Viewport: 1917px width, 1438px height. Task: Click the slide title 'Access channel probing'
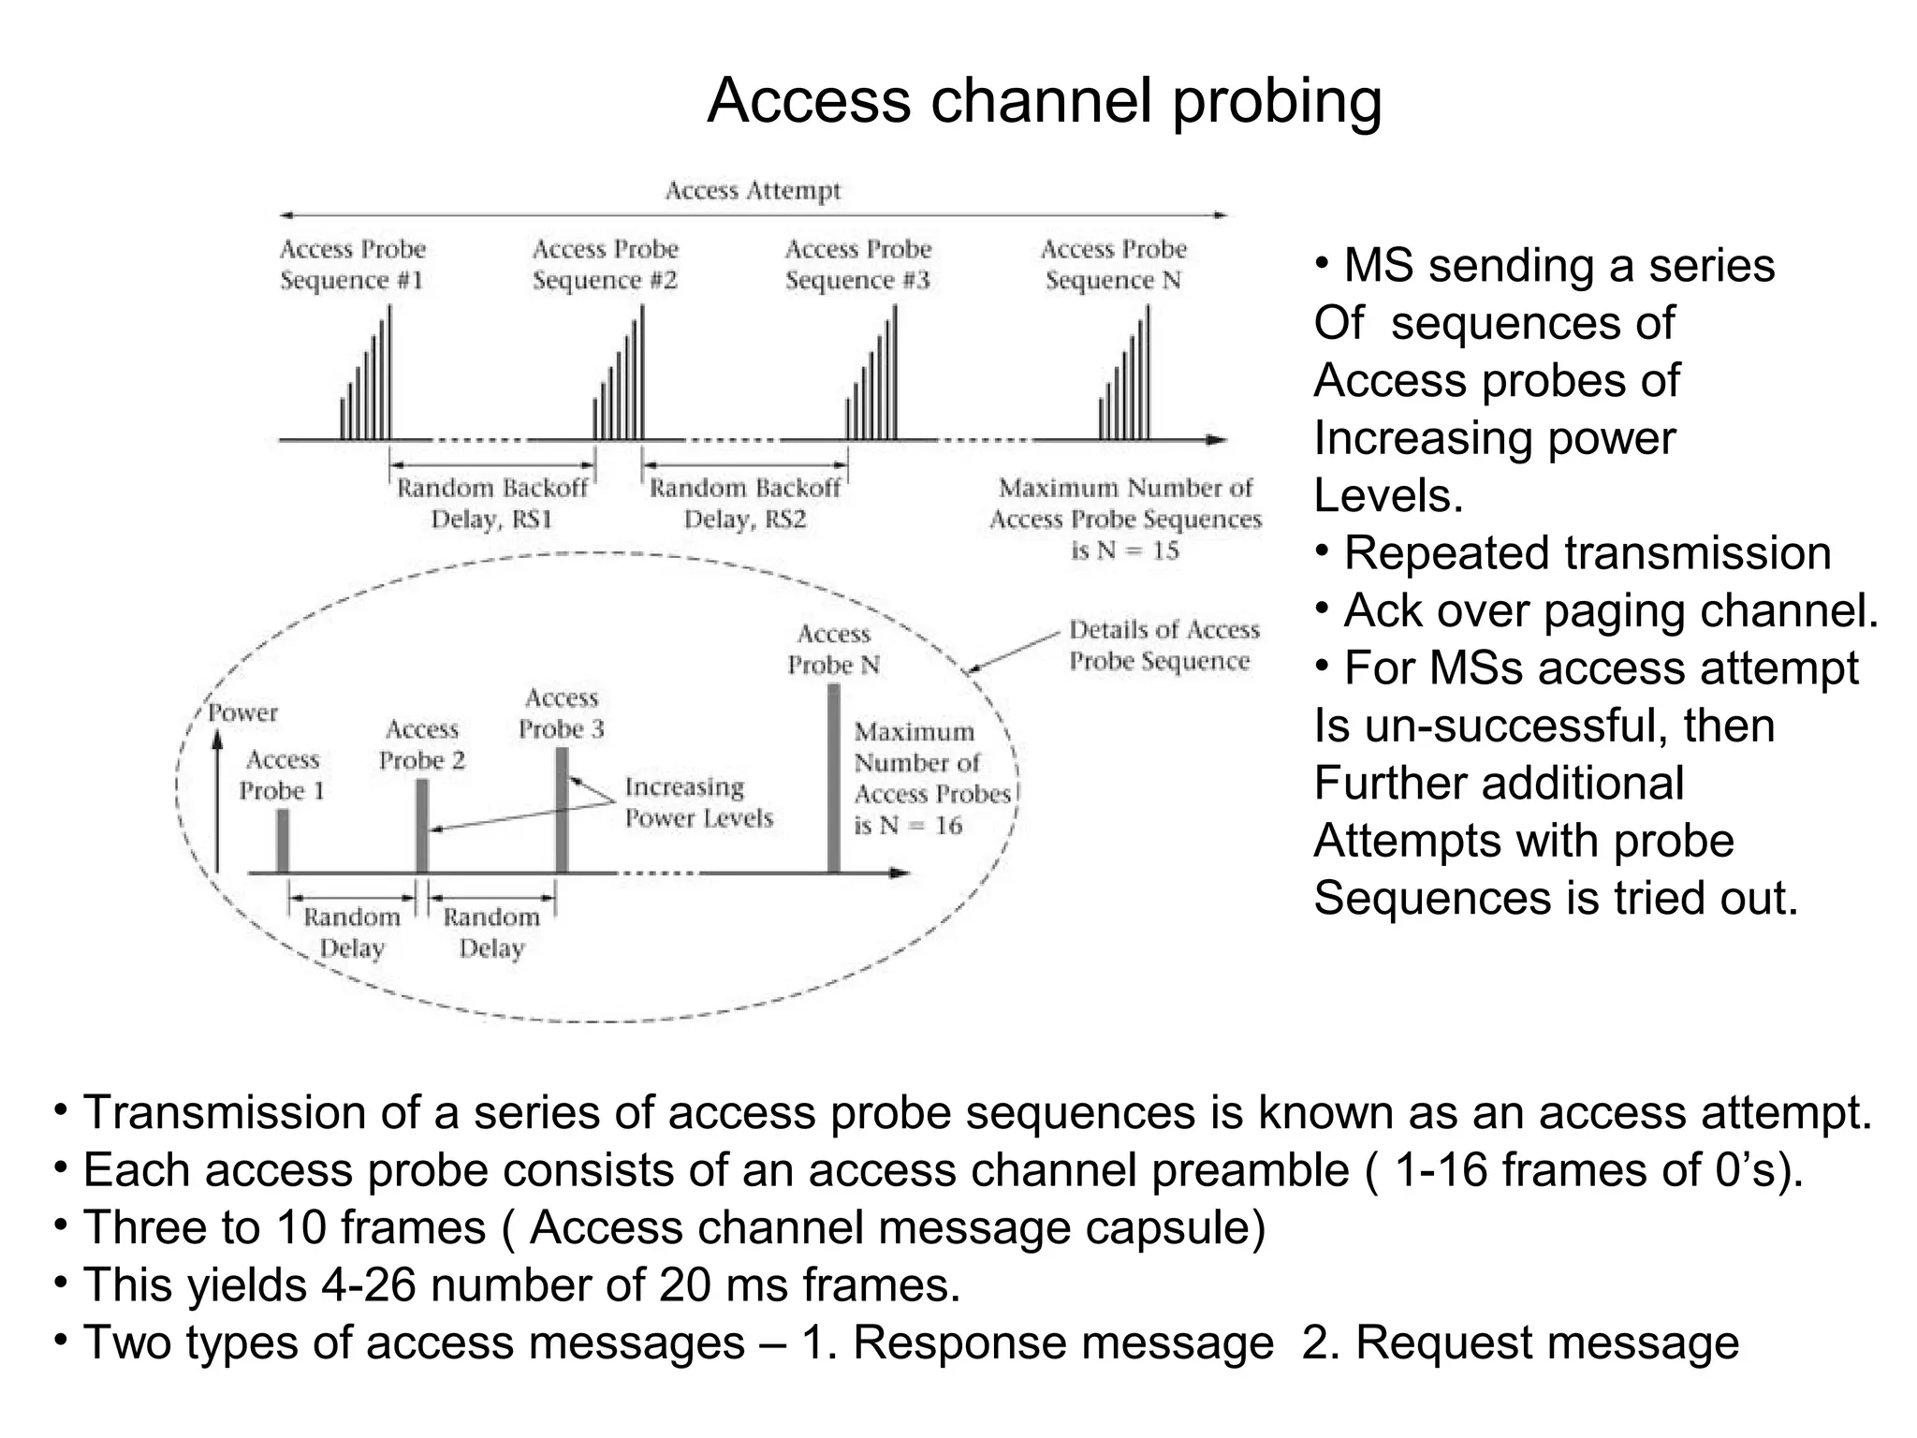coord(1044,101)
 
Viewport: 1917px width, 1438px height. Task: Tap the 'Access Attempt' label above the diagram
coord(753,191)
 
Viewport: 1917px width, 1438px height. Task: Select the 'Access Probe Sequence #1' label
coord(352,265)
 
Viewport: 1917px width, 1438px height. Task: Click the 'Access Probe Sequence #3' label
coord(857,265)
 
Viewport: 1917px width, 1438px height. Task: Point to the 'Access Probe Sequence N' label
coord(1113,265)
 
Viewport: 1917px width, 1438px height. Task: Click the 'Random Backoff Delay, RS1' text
coord(492,504)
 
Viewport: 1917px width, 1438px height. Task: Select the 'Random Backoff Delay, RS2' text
coord(745,504)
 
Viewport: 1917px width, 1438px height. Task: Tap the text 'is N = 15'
coord(1125,550)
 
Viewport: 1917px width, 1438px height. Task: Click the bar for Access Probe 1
coord(283,841)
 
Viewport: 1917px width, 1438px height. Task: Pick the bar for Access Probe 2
coord(422,826)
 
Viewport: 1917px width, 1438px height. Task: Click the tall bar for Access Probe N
coord(833,779)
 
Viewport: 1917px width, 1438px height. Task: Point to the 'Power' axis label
coord(243,712)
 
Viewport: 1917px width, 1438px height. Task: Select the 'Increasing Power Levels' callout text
coord(698,802)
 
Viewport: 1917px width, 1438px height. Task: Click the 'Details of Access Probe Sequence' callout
coord(1163,645)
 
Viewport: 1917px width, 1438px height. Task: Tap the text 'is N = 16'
coord(907,826)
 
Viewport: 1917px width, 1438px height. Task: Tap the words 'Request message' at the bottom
coord(1546,1343)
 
